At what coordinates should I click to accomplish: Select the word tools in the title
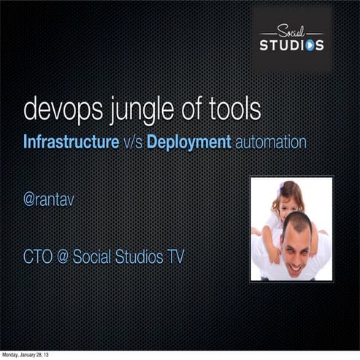234,109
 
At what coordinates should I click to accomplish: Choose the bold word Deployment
189,142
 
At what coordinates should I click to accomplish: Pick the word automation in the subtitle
270,142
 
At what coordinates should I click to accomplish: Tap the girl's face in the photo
287,198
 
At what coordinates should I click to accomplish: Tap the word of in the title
191,109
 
